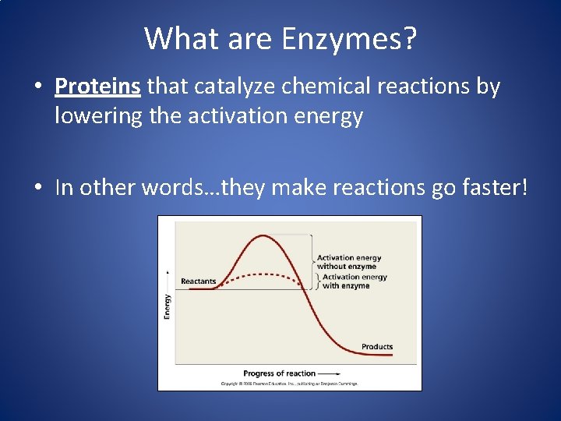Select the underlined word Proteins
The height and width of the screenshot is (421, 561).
(x=97, y=86)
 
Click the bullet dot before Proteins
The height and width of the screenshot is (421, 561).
(x=38, y=87)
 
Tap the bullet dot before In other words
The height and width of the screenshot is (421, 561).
(x=38, y=189)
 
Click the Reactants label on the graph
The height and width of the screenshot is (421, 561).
(x=198, y=281)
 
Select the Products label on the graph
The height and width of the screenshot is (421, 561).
(x=377, y=347)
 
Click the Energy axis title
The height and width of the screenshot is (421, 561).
(x=168, y=305)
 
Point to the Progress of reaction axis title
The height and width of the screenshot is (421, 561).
(x=279, y=373)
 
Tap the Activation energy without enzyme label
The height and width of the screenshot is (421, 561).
(x=348, y=262)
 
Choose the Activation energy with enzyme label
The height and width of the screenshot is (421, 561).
(x=354, y=281)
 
